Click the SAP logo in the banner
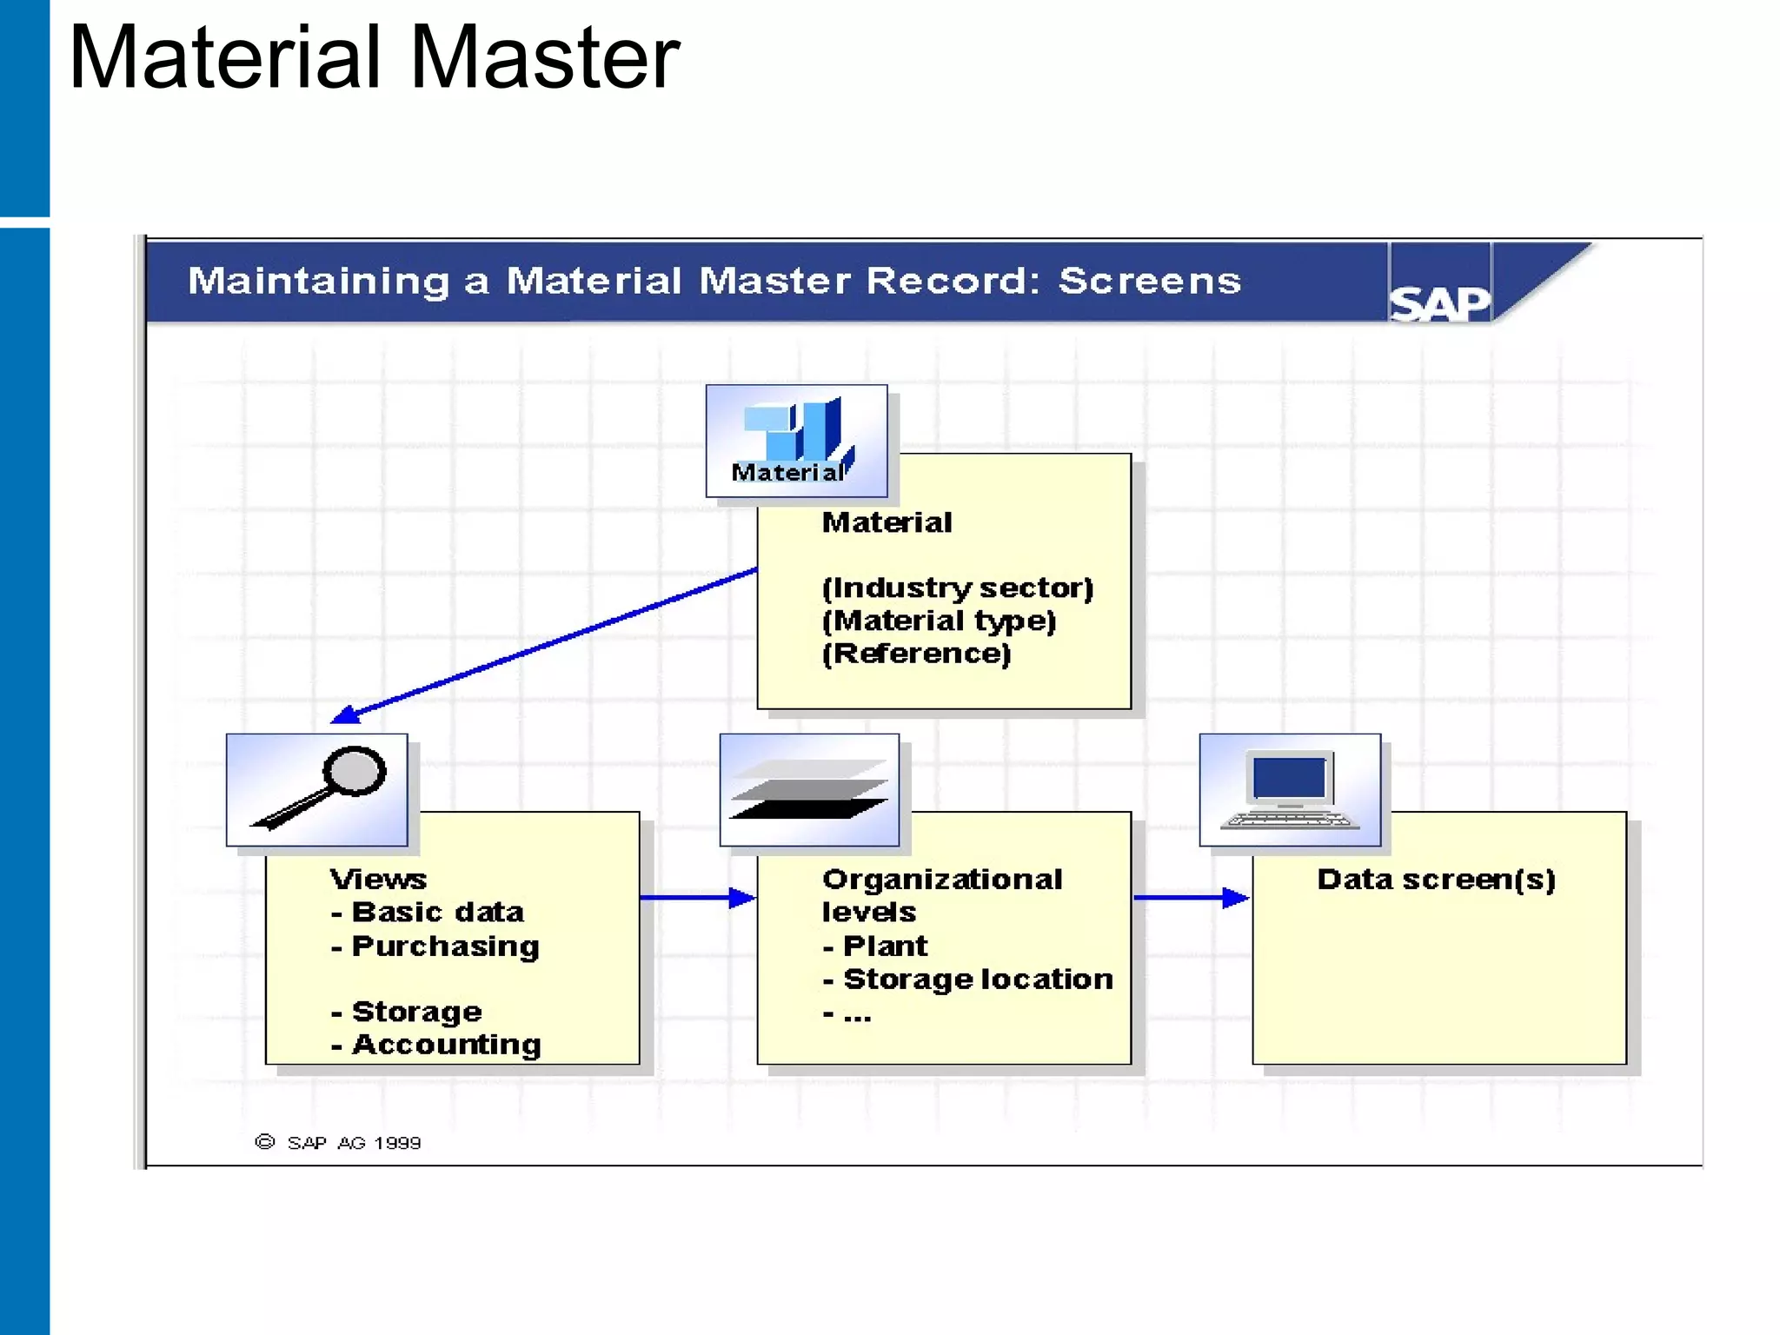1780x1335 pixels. coord(1439,303)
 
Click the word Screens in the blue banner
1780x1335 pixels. coord(1149,281)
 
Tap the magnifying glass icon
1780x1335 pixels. coord(317,789)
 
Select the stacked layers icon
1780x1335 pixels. coord(809,789)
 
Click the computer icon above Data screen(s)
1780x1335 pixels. coord(1290,789)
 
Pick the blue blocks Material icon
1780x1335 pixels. coord(796,440)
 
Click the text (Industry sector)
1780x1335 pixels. coord(957,588)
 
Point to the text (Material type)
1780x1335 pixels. coord(939,621)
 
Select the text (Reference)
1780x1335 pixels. coord(916,654)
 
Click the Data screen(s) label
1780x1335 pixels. coord(1436,880)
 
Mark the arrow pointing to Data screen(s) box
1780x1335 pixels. coord(1191,897)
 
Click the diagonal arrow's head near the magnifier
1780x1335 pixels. coord(346,715)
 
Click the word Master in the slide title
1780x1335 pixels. coord(544,57)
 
